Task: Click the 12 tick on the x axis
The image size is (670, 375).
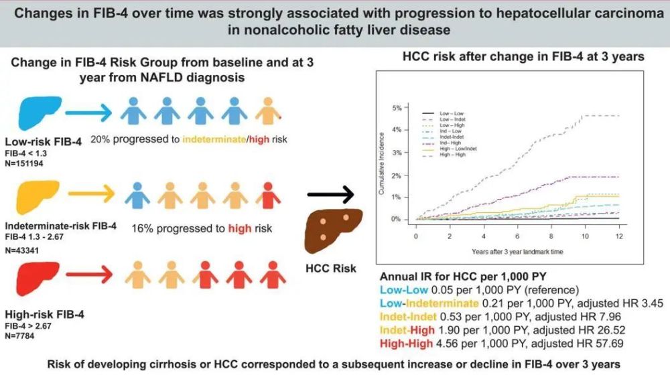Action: pyautogui.click(x=619, y=236)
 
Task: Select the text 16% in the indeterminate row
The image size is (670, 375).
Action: pyautogui.click(x=143, y=228)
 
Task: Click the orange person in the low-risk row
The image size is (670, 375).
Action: pyautogui.click(x=269, y=111)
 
